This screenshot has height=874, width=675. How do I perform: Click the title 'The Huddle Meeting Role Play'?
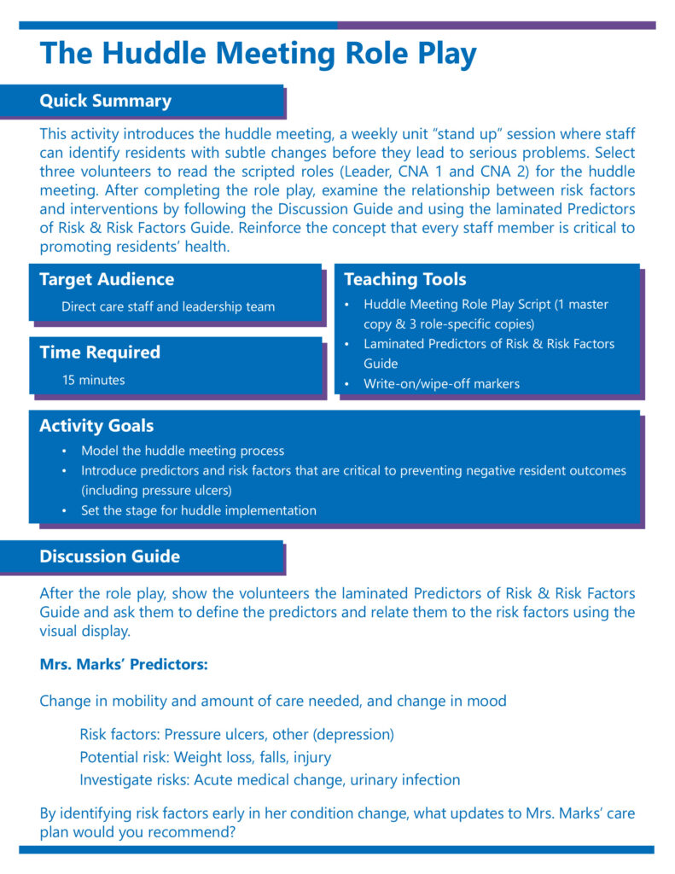tap(258, 54)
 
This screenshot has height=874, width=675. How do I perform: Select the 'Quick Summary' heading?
tap(105, 101)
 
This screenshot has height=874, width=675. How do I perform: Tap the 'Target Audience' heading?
tap(107, 279)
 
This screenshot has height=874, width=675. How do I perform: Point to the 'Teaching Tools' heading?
tap(404, 279)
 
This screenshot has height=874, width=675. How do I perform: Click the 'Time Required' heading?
tap(100, 352)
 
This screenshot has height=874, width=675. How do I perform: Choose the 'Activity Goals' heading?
tap(96, 425)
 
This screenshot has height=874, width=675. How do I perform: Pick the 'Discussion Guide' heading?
tap(109, 556)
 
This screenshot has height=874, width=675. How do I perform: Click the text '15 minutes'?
tap(93, 380)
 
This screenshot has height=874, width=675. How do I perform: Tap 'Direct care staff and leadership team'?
tap(168, 306)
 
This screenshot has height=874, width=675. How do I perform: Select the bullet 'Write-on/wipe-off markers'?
tap(441, 384)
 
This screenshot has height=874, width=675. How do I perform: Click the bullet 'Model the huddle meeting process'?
tap(183, 451)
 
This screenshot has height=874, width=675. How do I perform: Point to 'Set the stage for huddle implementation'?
tap(198, 510)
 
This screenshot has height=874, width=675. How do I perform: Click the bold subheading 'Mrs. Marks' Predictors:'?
tap(124, 663)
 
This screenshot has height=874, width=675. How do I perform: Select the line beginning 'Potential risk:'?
tap(206, 757)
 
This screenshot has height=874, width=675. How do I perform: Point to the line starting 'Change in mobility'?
tap(273, 701)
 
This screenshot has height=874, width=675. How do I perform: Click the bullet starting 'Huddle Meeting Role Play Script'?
tap(486, 305)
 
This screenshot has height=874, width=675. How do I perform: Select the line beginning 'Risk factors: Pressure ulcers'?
tap(236, 734)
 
